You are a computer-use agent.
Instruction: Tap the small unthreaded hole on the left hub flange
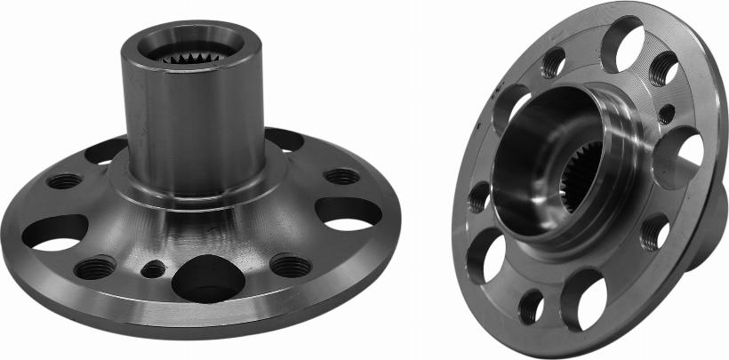(154, 268)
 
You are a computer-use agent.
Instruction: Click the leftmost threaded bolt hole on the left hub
(65, 181)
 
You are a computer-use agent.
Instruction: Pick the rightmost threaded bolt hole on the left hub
(342, 176)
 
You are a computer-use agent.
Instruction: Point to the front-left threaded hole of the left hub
(95, 266)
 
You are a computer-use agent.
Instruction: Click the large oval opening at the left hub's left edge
(53, 232)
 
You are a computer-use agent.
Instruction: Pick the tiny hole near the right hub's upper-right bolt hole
(665, 113)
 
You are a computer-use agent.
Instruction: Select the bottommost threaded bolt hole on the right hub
(531, 307)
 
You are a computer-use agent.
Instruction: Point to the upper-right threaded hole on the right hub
(663, 68)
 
